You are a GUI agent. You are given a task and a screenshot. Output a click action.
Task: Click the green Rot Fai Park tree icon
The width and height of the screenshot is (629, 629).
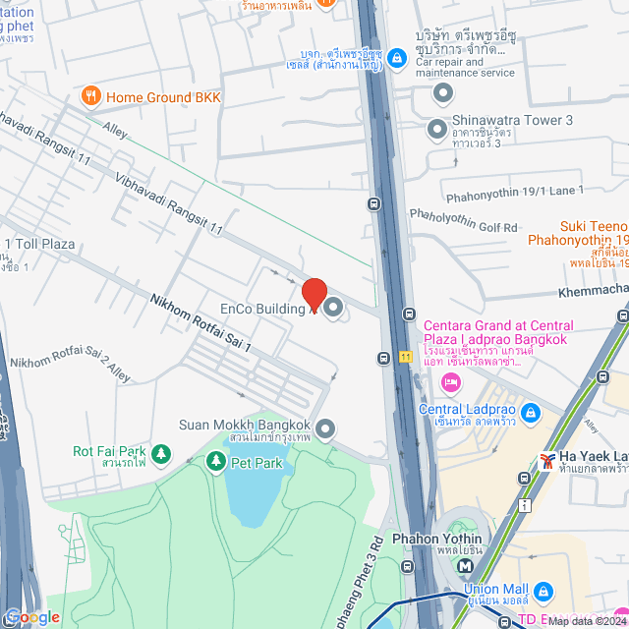(x=161, y=455)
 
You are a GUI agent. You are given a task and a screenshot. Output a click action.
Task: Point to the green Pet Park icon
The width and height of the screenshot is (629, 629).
(x=214, y=460)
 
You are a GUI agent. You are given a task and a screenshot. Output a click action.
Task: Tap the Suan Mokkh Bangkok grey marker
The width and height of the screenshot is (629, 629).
(x=326, y=429)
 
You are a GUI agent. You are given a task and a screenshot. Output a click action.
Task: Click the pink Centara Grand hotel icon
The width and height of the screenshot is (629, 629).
(x=451, y=382)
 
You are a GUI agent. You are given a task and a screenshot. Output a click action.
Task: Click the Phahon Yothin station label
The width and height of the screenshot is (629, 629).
(x=436, y=539)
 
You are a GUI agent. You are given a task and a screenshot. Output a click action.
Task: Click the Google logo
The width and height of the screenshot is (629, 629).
(x=31, y=616)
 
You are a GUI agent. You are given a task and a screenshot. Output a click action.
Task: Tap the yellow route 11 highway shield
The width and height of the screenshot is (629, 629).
(x=405, y=356)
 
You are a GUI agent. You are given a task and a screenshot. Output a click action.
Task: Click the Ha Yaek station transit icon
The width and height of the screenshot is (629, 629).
(x=546, y=461)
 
